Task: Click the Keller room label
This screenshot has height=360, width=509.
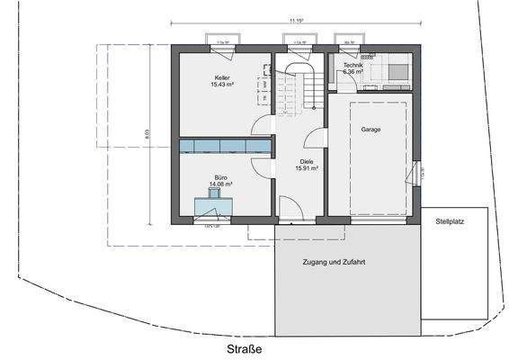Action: [222, 77]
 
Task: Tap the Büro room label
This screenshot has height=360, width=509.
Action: [221, 178]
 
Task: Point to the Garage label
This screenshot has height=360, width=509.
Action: [371, 130]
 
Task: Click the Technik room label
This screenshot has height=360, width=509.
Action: [348, 67]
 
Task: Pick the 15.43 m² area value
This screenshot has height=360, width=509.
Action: [222, 85]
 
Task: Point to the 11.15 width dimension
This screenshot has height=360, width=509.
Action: [296, 19]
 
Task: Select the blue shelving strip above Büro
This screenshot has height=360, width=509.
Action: [225, 146]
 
